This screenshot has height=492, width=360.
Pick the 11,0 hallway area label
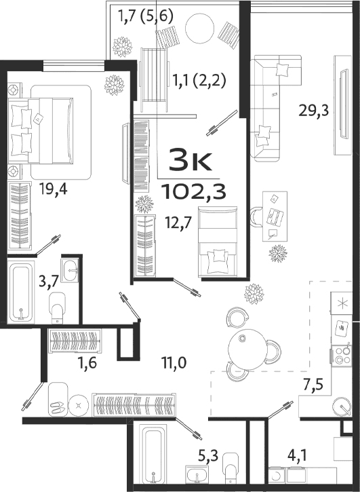point(174,364)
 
